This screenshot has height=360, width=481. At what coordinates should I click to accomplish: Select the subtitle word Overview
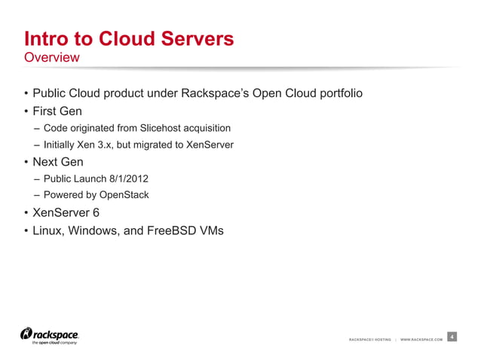[x=51, y=57]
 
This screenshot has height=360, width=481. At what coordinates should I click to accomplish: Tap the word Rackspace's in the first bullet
[x=223, y=94]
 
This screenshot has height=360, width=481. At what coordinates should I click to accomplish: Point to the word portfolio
[x=339, y=94]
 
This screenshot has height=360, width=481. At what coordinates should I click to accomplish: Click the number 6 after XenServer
[x=96, y=212]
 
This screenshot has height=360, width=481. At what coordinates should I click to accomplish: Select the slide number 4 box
[x=451, y=337]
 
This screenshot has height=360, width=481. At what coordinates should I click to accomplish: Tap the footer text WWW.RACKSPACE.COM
[x=421, y=340]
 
